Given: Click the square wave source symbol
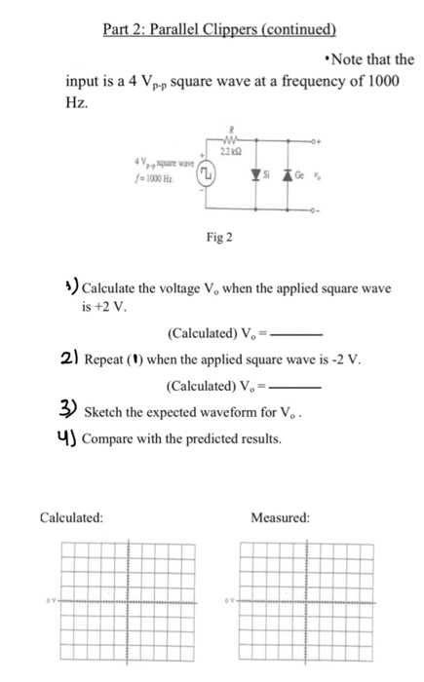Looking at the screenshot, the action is (207, 173).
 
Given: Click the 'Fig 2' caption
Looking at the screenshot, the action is (219, 237).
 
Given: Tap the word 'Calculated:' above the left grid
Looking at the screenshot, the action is (71, 517).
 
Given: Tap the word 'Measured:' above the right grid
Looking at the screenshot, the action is (280, 517).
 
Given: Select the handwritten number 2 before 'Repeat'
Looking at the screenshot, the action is (69, 358).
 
